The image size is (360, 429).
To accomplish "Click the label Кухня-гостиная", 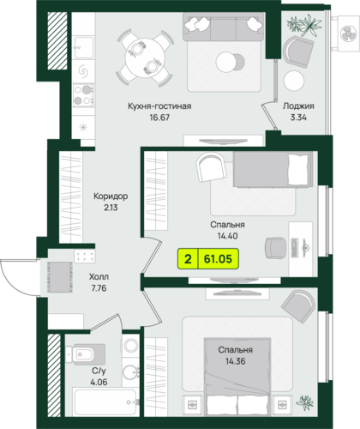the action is click(x=159, y=106).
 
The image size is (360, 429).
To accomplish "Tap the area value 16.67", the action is click(x=159, y=118).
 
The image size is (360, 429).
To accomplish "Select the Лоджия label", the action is click(x=298, y=106).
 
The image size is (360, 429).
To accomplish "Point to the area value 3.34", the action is click(x=298, y=118).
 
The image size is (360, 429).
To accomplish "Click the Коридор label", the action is click(x=111, y=196).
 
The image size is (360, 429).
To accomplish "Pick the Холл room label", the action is click(x=99, y=277).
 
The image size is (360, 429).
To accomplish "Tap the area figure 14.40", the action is click(x=227, y=236).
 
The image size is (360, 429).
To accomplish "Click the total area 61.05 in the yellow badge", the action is click(x=218, y=259).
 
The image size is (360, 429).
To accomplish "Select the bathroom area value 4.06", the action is click(x=99, y=382).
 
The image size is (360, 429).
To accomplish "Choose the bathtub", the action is click(x=105, y=402).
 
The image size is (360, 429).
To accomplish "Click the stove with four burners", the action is click(x=83, y=94).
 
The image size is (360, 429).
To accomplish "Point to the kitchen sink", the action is click(x=83, y=47).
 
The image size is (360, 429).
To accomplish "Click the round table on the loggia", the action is click(x=294, y=80).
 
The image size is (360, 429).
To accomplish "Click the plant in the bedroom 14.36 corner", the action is click(x=304, y=402).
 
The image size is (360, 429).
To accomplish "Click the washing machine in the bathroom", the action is click(x=131, y=346).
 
